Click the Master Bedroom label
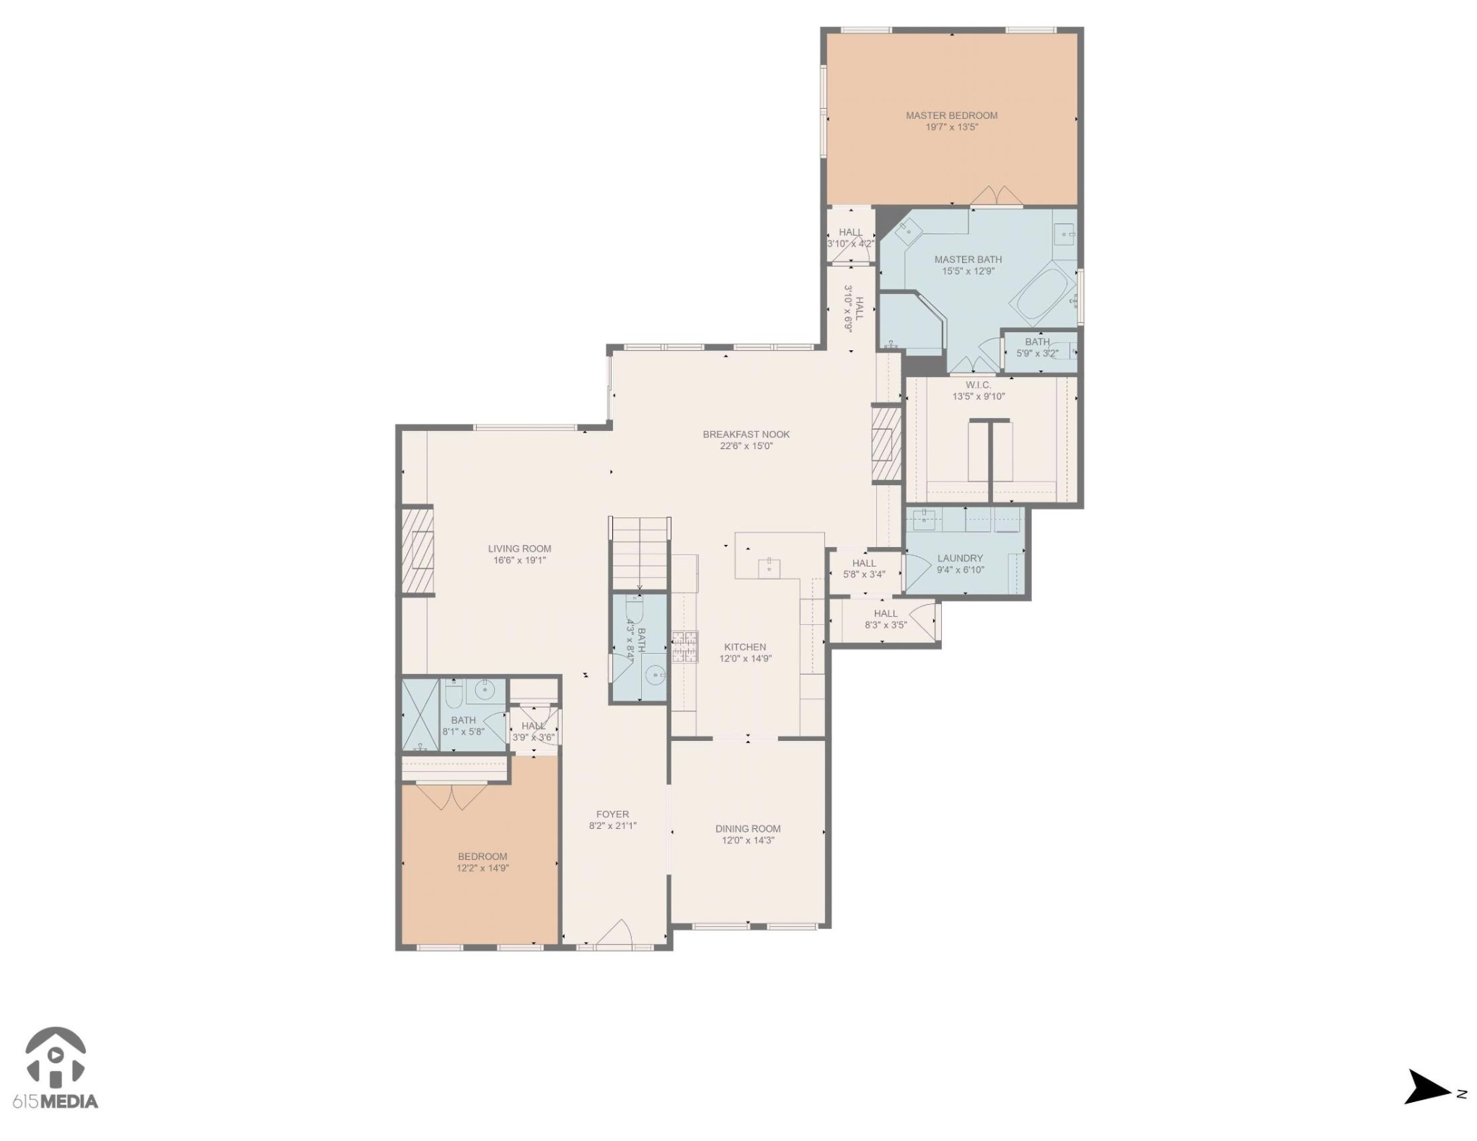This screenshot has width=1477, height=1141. coord(951,115)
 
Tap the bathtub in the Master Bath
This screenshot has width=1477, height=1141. coord(1042,294)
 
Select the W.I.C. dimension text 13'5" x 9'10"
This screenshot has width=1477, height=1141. coord(978,396)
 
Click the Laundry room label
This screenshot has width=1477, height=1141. coord(959,558)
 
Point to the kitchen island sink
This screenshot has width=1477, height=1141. coord(769,567)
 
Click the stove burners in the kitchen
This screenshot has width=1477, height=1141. coord(684,646)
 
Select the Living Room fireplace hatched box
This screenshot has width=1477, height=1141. coord(417,550)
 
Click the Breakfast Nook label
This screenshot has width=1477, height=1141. coord(746,434)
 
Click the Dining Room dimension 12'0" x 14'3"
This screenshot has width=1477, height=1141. coord(748,840)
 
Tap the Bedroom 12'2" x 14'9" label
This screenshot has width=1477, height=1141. coord(482,857)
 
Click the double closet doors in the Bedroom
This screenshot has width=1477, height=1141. coord(451,796)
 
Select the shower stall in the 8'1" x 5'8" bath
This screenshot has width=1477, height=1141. coord(420,714)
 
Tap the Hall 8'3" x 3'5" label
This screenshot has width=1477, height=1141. coord(885,613)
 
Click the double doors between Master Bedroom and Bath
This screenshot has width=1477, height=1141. coord(995,195)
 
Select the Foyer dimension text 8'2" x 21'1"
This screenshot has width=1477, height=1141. coord(612,826)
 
